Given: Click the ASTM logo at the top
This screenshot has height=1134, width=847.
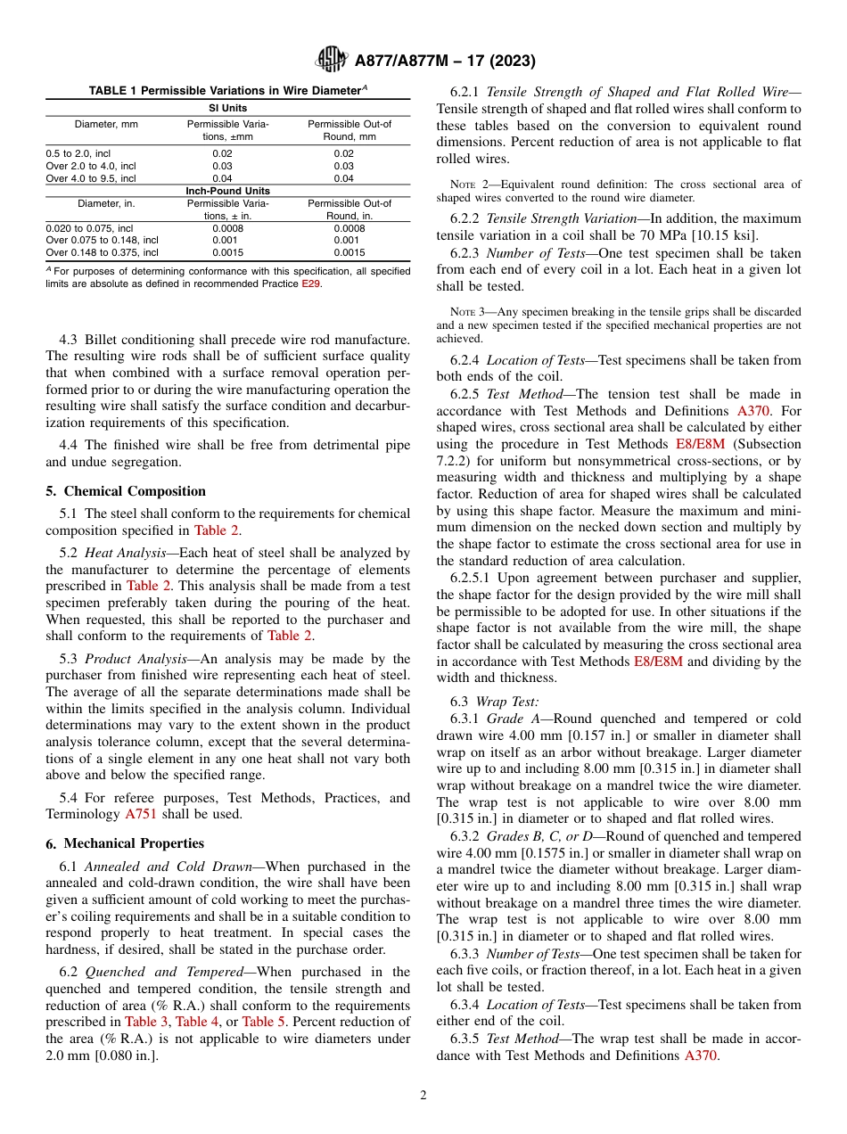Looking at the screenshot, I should click(x=332, y=61).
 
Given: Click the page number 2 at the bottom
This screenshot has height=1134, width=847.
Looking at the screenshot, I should click(x=423, y=1096).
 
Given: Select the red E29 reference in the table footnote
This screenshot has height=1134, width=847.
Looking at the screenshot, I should click(x=309, y=283).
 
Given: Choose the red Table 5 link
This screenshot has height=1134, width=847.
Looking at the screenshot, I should click(x=264, y=1022).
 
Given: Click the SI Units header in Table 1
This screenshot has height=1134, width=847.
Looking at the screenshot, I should click(x=227, y=108).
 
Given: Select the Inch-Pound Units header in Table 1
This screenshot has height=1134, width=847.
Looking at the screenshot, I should click(x=227, y=191).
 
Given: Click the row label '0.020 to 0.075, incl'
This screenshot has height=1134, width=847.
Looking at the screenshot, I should click(x=88, y=227).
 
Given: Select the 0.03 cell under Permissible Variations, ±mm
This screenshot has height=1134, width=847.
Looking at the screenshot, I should click(x=221, y=166).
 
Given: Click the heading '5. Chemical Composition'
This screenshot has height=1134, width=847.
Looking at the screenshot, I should click(x=126, y=491).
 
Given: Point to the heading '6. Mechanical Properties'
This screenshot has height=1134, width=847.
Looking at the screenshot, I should click(x=125, y=843).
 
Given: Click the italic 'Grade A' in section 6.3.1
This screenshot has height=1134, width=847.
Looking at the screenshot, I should click(x=508, y=719).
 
